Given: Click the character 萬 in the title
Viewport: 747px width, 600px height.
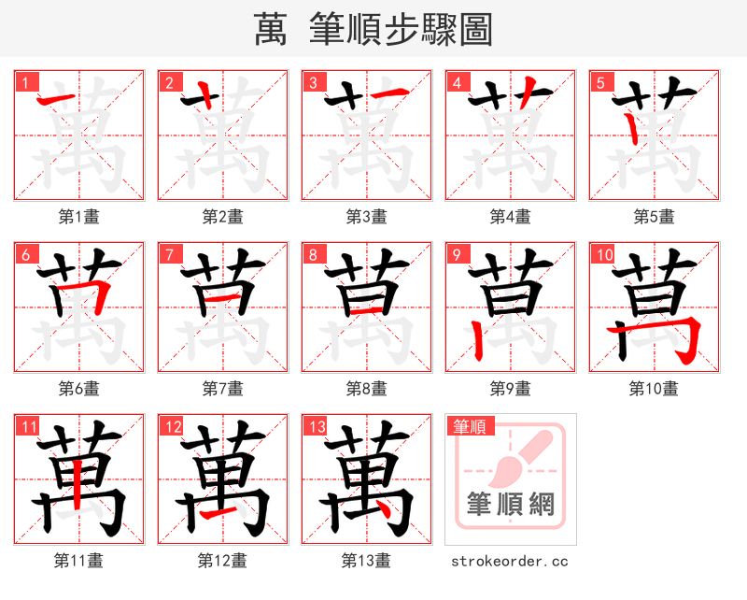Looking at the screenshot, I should [271, 30].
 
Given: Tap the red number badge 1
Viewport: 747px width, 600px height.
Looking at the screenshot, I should [24, 82].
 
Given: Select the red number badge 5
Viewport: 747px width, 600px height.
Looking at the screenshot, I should [599, 82].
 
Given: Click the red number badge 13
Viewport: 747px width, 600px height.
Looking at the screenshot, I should [315, 427].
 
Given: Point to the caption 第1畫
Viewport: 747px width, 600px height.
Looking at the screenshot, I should [79, 217].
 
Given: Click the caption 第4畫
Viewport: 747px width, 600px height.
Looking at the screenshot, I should [511, 217].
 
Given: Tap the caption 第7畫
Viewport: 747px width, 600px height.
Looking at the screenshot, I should [223, 388].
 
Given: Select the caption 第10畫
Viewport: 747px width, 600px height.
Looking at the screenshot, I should [654, 388].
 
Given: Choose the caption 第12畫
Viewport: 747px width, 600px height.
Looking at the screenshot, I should [222, 561].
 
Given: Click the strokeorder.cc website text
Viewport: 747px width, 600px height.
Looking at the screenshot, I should [510, 562].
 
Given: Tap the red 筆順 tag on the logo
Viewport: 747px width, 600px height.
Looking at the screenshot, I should [469, 427].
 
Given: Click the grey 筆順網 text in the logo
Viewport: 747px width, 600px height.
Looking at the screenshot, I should [511, 506].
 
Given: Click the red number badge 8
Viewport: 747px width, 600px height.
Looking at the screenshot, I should [312, 254].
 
